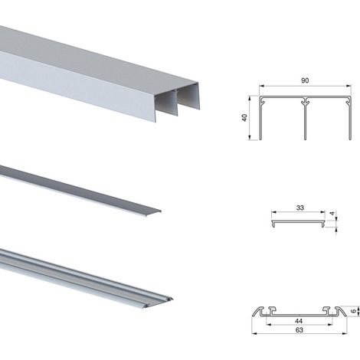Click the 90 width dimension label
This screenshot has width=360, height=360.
(305, 80)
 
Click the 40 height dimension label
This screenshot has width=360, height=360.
(244, 118)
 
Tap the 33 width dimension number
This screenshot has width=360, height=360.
(300, 208)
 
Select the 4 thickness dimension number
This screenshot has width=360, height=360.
(332, 214)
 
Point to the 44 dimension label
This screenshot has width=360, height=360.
(299, 321)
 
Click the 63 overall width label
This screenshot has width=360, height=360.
(299, 330)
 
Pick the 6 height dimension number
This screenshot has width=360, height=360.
(353, 311)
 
